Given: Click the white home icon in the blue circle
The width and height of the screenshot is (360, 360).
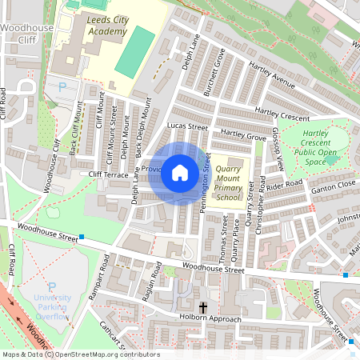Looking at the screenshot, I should [180, 173].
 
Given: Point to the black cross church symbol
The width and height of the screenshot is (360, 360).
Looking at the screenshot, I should [203, 307].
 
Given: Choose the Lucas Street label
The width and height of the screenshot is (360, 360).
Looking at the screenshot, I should [187, 126].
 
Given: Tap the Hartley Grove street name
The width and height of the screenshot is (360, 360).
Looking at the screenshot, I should [243, 137].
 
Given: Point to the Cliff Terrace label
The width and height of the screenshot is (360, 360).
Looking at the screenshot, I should [109, 174].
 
